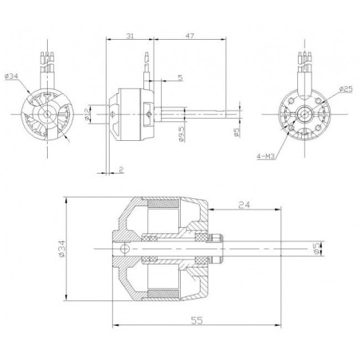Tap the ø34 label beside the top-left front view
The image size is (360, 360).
tap(14, 76)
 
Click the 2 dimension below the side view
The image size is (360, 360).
tap(119, 170)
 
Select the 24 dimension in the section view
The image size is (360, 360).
tap(245, 205)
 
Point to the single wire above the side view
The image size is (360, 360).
tap(146, 68)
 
